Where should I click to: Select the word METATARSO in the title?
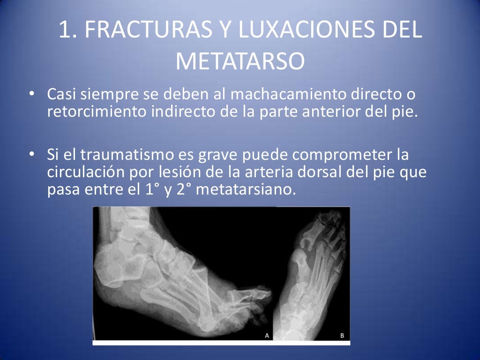[240, 61]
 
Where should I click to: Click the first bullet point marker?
[31, 95]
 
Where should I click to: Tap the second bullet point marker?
[31, 154]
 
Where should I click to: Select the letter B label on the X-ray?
[342, 335]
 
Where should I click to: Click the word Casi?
[61, 95]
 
